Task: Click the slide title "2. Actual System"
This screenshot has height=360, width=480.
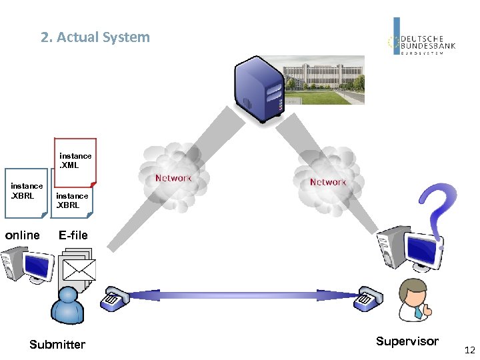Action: coord(95,37)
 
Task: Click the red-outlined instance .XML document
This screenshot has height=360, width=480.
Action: coord(75,161)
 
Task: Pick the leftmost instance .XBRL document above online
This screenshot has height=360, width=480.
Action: coord(26,193)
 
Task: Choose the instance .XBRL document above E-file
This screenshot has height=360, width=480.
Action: coord(71,200)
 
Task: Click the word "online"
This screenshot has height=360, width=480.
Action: coord(23,235)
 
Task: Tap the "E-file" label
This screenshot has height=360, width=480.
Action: coord(73,235)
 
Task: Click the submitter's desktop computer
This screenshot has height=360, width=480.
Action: coord(27,263)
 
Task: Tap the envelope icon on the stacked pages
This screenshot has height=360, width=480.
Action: coord(78,269)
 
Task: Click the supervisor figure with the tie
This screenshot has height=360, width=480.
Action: coord(413,299)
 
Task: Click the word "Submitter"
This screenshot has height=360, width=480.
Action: coord(57,344)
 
